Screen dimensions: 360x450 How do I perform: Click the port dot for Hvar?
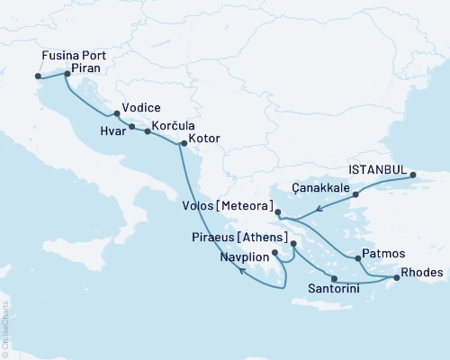point(132,127)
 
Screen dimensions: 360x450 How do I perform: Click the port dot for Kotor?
point(183,143)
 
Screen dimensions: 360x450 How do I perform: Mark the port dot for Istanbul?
point(413,175)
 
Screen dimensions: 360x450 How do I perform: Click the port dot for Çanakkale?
point(355,193)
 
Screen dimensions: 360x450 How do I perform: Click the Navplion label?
point(245,256)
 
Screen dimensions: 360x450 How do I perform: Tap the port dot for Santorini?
point(334,278)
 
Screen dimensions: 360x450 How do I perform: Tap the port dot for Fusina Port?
point(38,76)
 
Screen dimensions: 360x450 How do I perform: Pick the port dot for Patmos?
point(359,258)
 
